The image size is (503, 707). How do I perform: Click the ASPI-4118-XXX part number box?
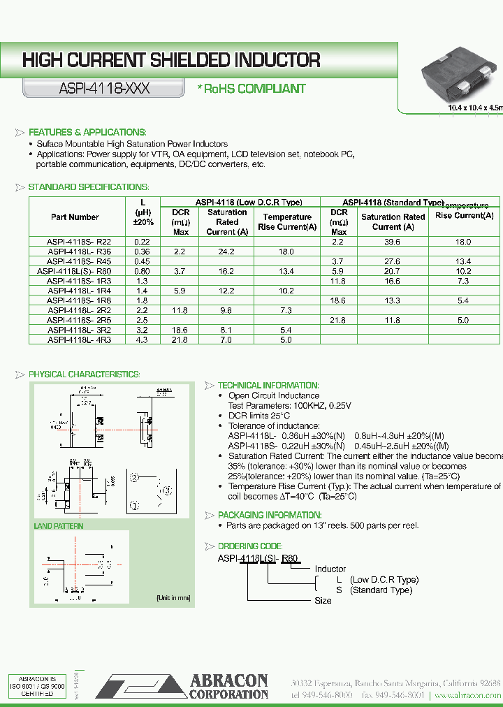click(103, 89)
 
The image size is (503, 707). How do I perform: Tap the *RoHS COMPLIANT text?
click(251, 89)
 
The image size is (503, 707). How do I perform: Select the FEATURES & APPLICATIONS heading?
click(87, 132)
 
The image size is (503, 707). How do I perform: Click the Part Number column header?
click(75, 217)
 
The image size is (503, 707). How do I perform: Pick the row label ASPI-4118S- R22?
click(79, 241)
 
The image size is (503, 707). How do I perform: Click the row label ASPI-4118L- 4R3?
click(79, 340)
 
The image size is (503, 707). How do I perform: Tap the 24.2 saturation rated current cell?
click(226, 251)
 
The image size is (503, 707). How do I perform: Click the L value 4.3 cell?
click(142, 340)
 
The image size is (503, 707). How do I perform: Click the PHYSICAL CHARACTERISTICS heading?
click(84, 374)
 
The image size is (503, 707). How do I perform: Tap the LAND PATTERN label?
click(59, 525)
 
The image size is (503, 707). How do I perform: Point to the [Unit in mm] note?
click(173, 598)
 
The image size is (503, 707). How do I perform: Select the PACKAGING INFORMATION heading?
click(269, 515)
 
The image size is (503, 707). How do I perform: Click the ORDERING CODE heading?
click(249, 546)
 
